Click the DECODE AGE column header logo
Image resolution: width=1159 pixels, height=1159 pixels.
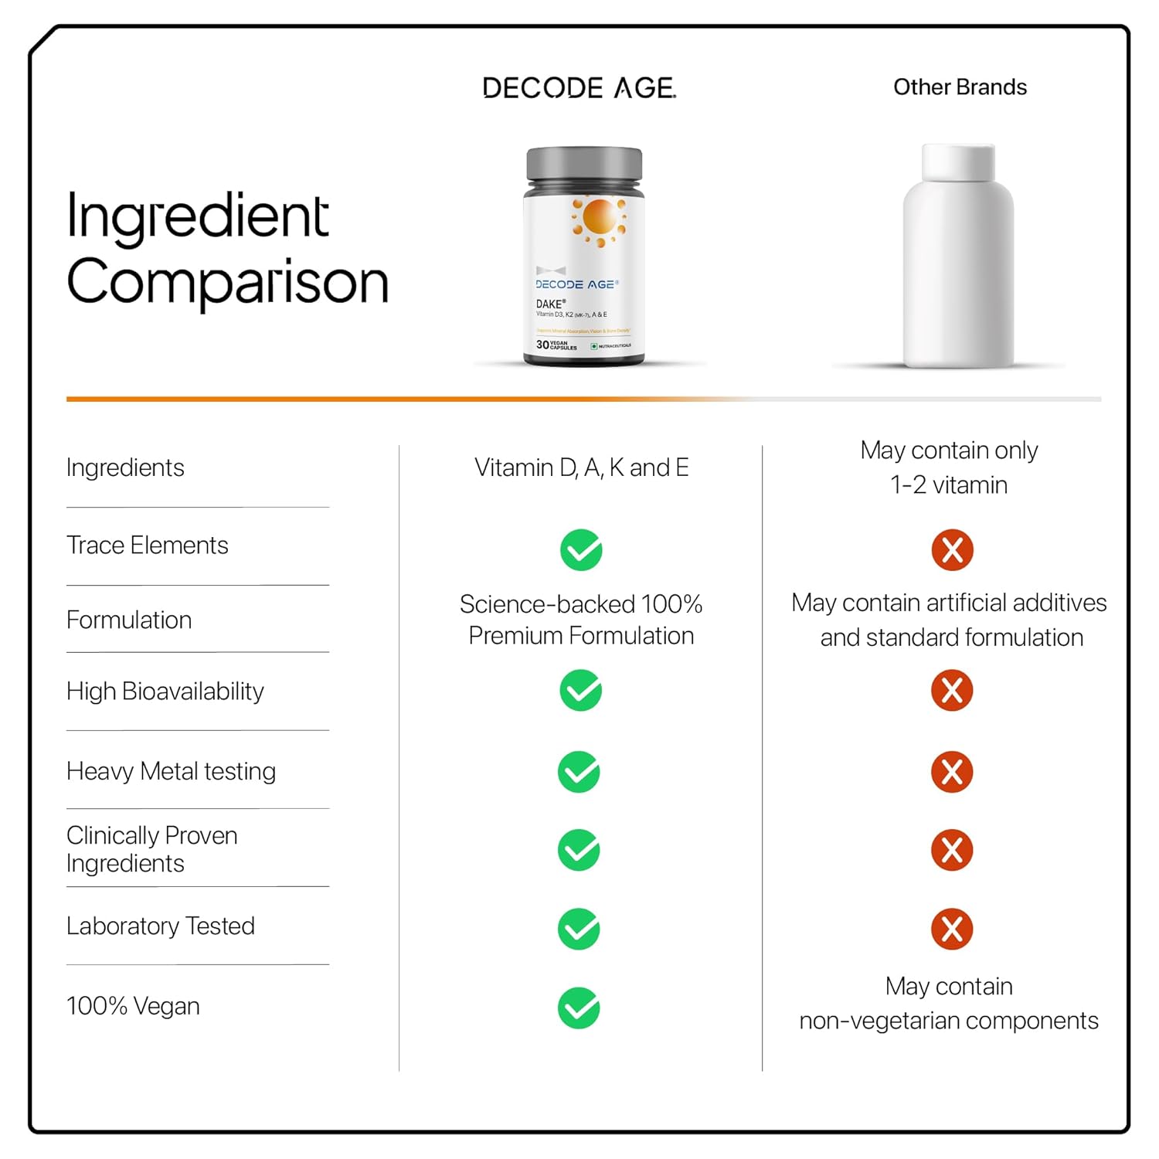coord(579,88)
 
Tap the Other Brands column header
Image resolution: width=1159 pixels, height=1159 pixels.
coord(960,87)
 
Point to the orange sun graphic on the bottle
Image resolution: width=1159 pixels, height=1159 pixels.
coord(600,217)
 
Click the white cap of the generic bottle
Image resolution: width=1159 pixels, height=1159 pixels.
coord(958,162)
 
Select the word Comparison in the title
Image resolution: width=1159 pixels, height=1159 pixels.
coord(227,282)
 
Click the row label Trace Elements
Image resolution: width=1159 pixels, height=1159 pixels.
coord(148,546)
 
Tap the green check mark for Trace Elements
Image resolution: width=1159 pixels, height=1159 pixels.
coord(581,550)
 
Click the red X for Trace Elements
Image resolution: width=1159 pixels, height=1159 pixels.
coord(952,550)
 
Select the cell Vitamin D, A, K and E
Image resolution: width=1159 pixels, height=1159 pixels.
coord(581,467)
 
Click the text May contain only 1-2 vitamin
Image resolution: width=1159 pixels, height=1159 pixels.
coord(949,467)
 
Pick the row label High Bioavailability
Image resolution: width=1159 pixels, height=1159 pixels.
coord(165,692)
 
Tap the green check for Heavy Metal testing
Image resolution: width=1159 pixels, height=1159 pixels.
coord(579,772)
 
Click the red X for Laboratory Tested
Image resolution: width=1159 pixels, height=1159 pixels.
coord(952,929)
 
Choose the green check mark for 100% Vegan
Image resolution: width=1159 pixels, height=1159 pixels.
coord(579,1008)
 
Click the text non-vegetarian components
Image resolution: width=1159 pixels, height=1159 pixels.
coord(949,1021)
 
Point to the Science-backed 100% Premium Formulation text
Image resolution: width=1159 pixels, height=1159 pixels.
coord(581,620)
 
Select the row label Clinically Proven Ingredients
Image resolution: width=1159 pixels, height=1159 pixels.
coord(152,849)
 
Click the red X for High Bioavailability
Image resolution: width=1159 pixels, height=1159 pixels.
coord(952,691)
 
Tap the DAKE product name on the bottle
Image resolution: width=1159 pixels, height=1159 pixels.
coord(550,304)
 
